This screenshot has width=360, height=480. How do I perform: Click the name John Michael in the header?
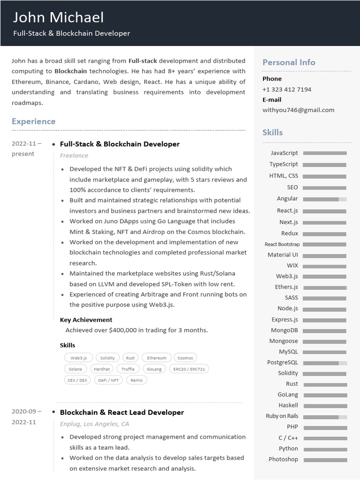58,17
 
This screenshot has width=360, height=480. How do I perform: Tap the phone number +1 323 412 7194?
286,89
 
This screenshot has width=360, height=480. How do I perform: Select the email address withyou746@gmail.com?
298,110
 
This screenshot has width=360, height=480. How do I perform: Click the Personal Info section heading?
288,62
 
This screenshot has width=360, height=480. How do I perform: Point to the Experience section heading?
33,121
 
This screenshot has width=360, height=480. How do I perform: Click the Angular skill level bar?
325,199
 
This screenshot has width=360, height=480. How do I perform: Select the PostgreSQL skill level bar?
325,363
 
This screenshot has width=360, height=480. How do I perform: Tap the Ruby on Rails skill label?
282,416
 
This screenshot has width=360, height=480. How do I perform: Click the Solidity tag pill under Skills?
107,358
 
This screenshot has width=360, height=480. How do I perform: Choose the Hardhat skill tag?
102,369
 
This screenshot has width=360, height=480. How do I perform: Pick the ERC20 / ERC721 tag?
189,369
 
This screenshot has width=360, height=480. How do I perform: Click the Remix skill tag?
136,380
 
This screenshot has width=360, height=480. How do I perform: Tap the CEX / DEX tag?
77,380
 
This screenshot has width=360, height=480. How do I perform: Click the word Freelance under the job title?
74,156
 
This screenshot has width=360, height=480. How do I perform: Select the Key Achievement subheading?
86,320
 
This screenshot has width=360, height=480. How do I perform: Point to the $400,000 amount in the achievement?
123,330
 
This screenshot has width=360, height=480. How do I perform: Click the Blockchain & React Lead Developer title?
122,412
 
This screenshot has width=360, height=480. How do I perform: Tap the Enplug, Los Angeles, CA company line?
94,424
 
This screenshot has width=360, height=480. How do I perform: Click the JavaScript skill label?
284,153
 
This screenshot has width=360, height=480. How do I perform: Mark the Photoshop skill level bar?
325,460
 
